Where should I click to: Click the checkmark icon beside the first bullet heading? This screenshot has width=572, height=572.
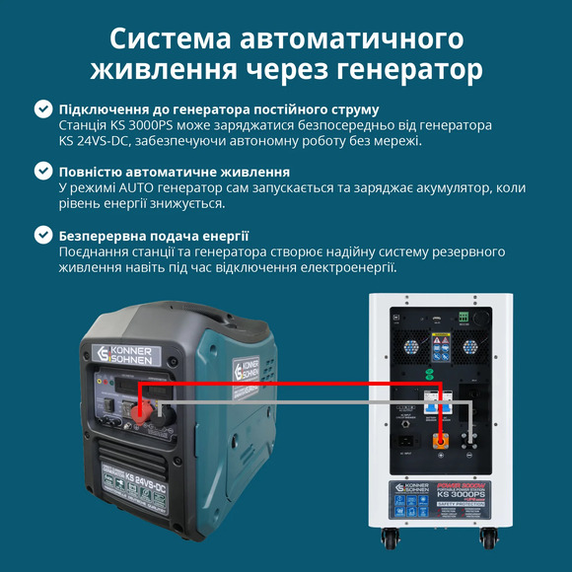click(x=43, y=109)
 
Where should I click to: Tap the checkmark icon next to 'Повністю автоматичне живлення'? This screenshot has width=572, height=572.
click(x=43, y=172)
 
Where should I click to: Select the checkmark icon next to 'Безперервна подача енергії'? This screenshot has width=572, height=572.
click(x=43, y=236)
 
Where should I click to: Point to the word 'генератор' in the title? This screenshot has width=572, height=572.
click(x=401, y=71)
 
